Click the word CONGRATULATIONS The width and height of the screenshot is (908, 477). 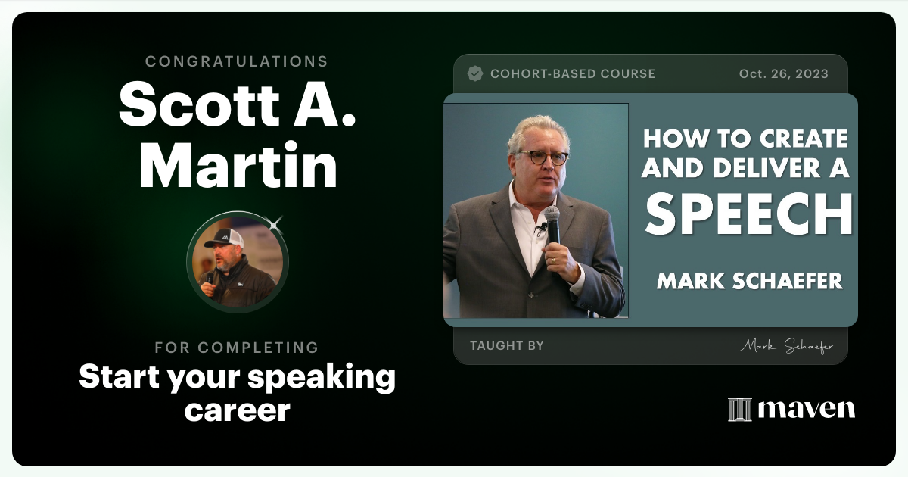(237, 61)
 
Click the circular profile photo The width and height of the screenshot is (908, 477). (238, 262)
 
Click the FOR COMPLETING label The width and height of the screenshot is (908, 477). (237, 348)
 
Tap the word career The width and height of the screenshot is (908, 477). (237, 410)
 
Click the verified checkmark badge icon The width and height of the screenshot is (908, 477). (475, 73)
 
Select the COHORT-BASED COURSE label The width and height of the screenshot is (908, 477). (573, 74)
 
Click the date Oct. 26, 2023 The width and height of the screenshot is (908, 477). (783, 74)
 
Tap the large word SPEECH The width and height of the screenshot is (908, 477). (749, 215)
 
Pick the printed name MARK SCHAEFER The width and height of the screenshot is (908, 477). (749, 282)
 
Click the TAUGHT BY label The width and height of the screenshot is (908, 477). (507, 346)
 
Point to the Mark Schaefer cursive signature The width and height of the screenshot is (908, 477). (785, 347)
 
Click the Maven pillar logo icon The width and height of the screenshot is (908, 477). (739, 410)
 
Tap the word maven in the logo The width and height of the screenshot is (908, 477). (807, 410)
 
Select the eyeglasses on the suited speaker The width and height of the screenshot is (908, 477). (543, 157)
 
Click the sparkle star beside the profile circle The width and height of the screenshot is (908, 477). (275, 223)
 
